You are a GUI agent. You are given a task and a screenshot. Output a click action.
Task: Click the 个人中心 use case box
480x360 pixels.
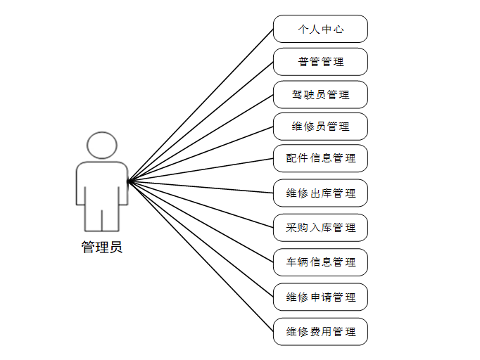[320, 30]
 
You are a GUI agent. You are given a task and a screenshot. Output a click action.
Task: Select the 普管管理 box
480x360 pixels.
[320, 62]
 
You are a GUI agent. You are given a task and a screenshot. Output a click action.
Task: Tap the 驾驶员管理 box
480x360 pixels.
[320, 94]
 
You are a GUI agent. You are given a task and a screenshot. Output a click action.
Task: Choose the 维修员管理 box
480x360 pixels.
[320, 127]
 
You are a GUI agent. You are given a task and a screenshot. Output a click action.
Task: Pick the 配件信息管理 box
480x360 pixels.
[320, 158]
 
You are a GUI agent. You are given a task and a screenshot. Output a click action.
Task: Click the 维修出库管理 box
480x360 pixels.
[320, 193]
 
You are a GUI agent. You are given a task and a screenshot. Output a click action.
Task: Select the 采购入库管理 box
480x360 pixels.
[320, 227]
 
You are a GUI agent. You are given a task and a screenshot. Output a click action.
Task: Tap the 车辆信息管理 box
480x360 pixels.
[320, 262]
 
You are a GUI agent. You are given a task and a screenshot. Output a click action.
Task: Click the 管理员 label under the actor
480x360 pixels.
[102, 247]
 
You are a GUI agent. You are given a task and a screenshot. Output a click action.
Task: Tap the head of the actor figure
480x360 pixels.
[102, 146]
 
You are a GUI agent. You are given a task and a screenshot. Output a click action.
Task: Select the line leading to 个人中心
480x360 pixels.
[201, 105]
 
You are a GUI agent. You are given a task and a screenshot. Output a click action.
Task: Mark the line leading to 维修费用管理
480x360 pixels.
[201, 256]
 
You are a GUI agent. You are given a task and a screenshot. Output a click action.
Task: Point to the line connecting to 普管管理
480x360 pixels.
[201, 122]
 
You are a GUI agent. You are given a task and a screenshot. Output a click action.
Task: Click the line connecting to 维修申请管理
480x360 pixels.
[201, 239]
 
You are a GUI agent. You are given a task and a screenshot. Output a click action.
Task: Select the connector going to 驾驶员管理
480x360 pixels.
[201, 138]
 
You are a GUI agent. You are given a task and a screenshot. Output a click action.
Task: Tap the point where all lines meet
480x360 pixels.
[128, 181]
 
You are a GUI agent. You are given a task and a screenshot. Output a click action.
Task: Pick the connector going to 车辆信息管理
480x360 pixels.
[201, 221]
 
